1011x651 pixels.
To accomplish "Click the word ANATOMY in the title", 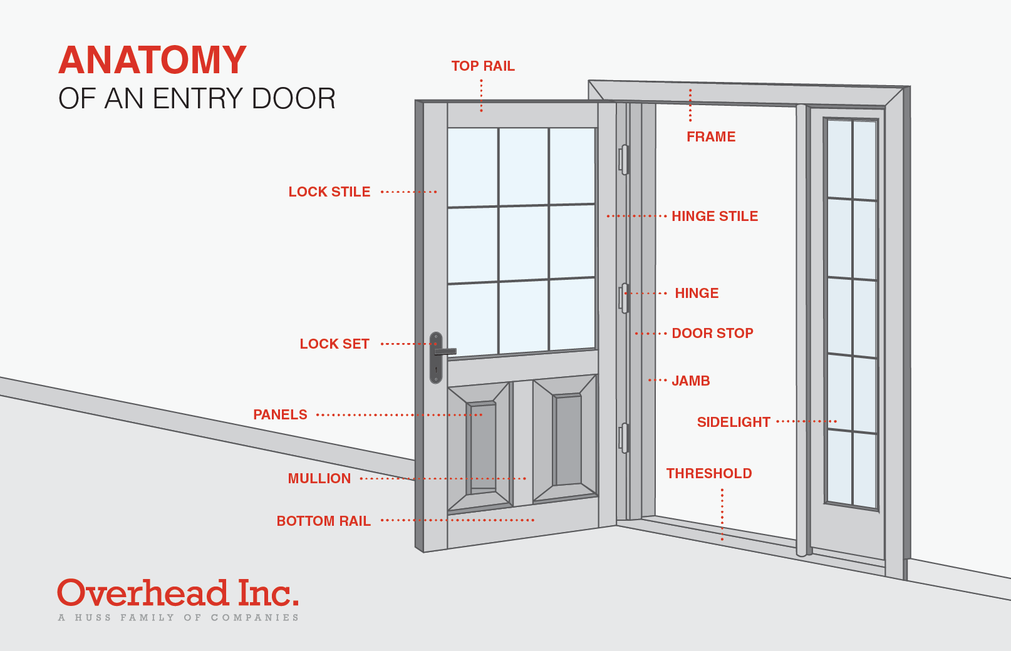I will tap(152, 61).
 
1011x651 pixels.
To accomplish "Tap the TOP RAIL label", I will tap(483, 66).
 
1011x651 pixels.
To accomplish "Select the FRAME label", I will tap(711, 137).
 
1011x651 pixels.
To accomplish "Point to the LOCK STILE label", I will tap(329, 192).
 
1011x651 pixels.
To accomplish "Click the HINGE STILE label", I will tap(715, 217).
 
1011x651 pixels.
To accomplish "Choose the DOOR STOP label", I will tap(712, 334).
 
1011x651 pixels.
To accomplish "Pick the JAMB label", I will tap(690, 381).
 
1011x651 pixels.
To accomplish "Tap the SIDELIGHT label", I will tap(734, 423).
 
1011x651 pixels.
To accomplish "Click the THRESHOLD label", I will tap(709, 474).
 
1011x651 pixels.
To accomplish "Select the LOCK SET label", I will tap(334, 344).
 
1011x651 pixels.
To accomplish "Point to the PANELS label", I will tap(280, 415).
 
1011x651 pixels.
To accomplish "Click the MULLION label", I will tap(319, 479).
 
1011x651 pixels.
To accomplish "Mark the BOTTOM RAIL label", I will tap(324, 521).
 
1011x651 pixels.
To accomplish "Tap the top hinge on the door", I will tap(624, 160).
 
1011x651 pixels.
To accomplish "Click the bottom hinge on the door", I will tap(624, 438).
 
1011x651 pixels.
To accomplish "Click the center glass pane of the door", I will tap(524, 243).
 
